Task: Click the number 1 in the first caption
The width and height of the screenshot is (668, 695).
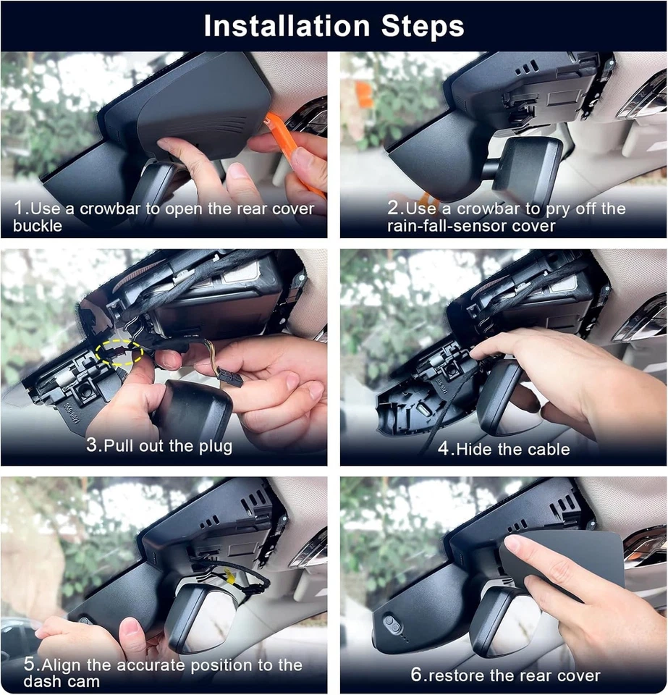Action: coord(20,208)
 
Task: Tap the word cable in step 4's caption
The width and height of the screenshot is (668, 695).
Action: coord(547,449)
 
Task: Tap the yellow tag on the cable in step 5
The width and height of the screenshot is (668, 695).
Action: coord(229,577)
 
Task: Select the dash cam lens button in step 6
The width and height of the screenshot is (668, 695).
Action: coord(391,623)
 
